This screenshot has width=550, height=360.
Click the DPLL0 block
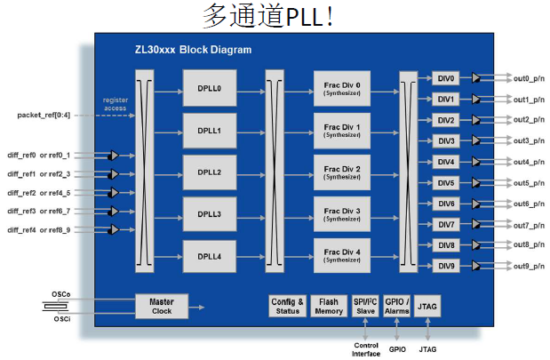pyautogui.click(x=209, y=88)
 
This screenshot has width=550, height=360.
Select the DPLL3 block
pyautogui.click(x=209, y=214)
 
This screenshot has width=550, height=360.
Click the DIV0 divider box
pyautogui.click(x=446, y=78)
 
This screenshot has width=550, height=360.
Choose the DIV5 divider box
pyautogui.click(x=446, y=183)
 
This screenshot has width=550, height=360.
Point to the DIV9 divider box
pyautogui.click(x=446, y=266)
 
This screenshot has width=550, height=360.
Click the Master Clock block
pyautogui.click(x=161, y=307)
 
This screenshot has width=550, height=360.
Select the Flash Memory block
pyautogui.click(x=329, y=307)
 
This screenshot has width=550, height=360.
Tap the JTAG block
pyautogui.click(x=427, y=307)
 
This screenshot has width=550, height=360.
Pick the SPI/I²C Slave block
pyautogui.click(x=365, y=307)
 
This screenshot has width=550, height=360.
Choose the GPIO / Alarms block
pyautogui.click(x=396, y=307)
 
